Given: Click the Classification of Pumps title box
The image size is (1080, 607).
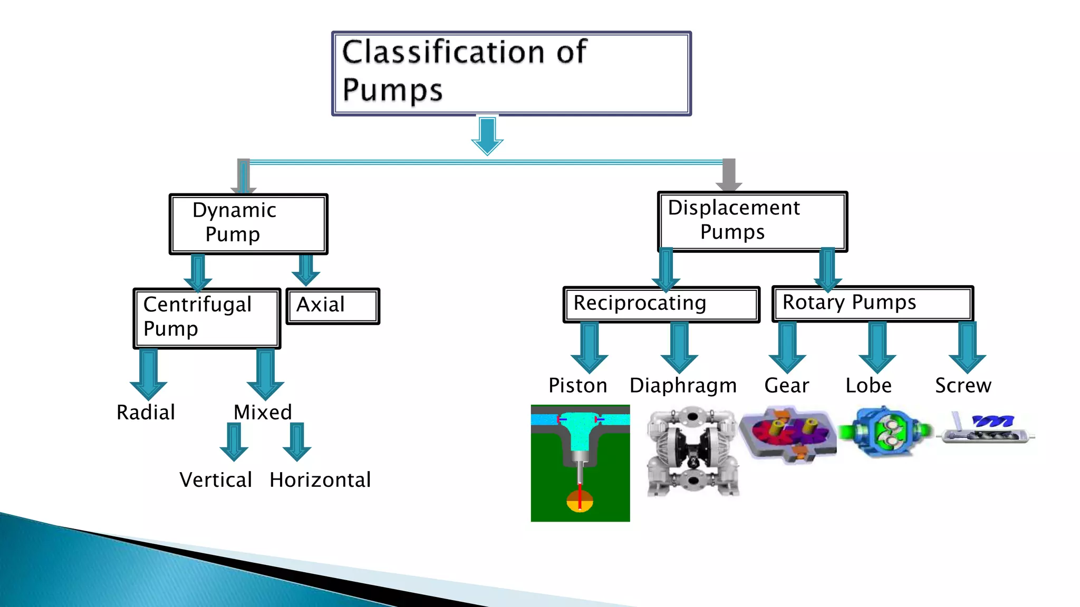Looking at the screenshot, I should [511, 73].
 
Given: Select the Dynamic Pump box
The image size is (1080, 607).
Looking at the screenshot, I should [248, 224].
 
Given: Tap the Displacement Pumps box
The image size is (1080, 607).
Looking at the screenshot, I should [752, 221].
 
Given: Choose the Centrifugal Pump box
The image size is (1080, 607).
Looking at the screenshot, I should [207, 318].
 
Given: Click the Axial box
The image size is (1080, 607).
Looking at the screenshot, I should [332, 306].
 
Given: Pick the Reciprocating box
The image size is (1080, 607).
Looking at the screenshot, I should [661, 305].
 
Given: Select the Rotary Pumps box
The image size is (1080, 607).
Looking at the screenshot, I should [872, 303].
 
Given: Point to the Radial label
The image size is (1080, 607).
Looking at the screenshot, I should [146, 413].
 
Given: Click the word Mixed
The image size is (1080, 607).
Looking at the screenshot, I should [263, 413].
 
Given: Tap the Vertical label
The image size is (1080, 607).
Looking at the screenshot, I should [216, 480].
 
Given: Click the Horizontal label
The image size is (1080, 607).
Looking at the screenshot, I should [320, 480].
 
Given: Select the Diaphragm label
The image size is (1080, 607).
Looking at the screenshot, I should [683, 386].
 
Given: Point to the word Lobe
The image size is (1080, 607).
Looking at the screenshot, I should [869, 386].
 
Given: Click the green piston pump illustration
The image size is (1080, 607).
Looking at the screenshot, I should [580, 463].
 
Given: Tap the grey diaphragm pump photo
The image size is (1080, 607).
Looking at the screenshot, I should [692, 452].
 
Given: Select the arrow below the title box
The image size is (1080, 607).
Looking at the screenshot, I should [487, 136].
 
